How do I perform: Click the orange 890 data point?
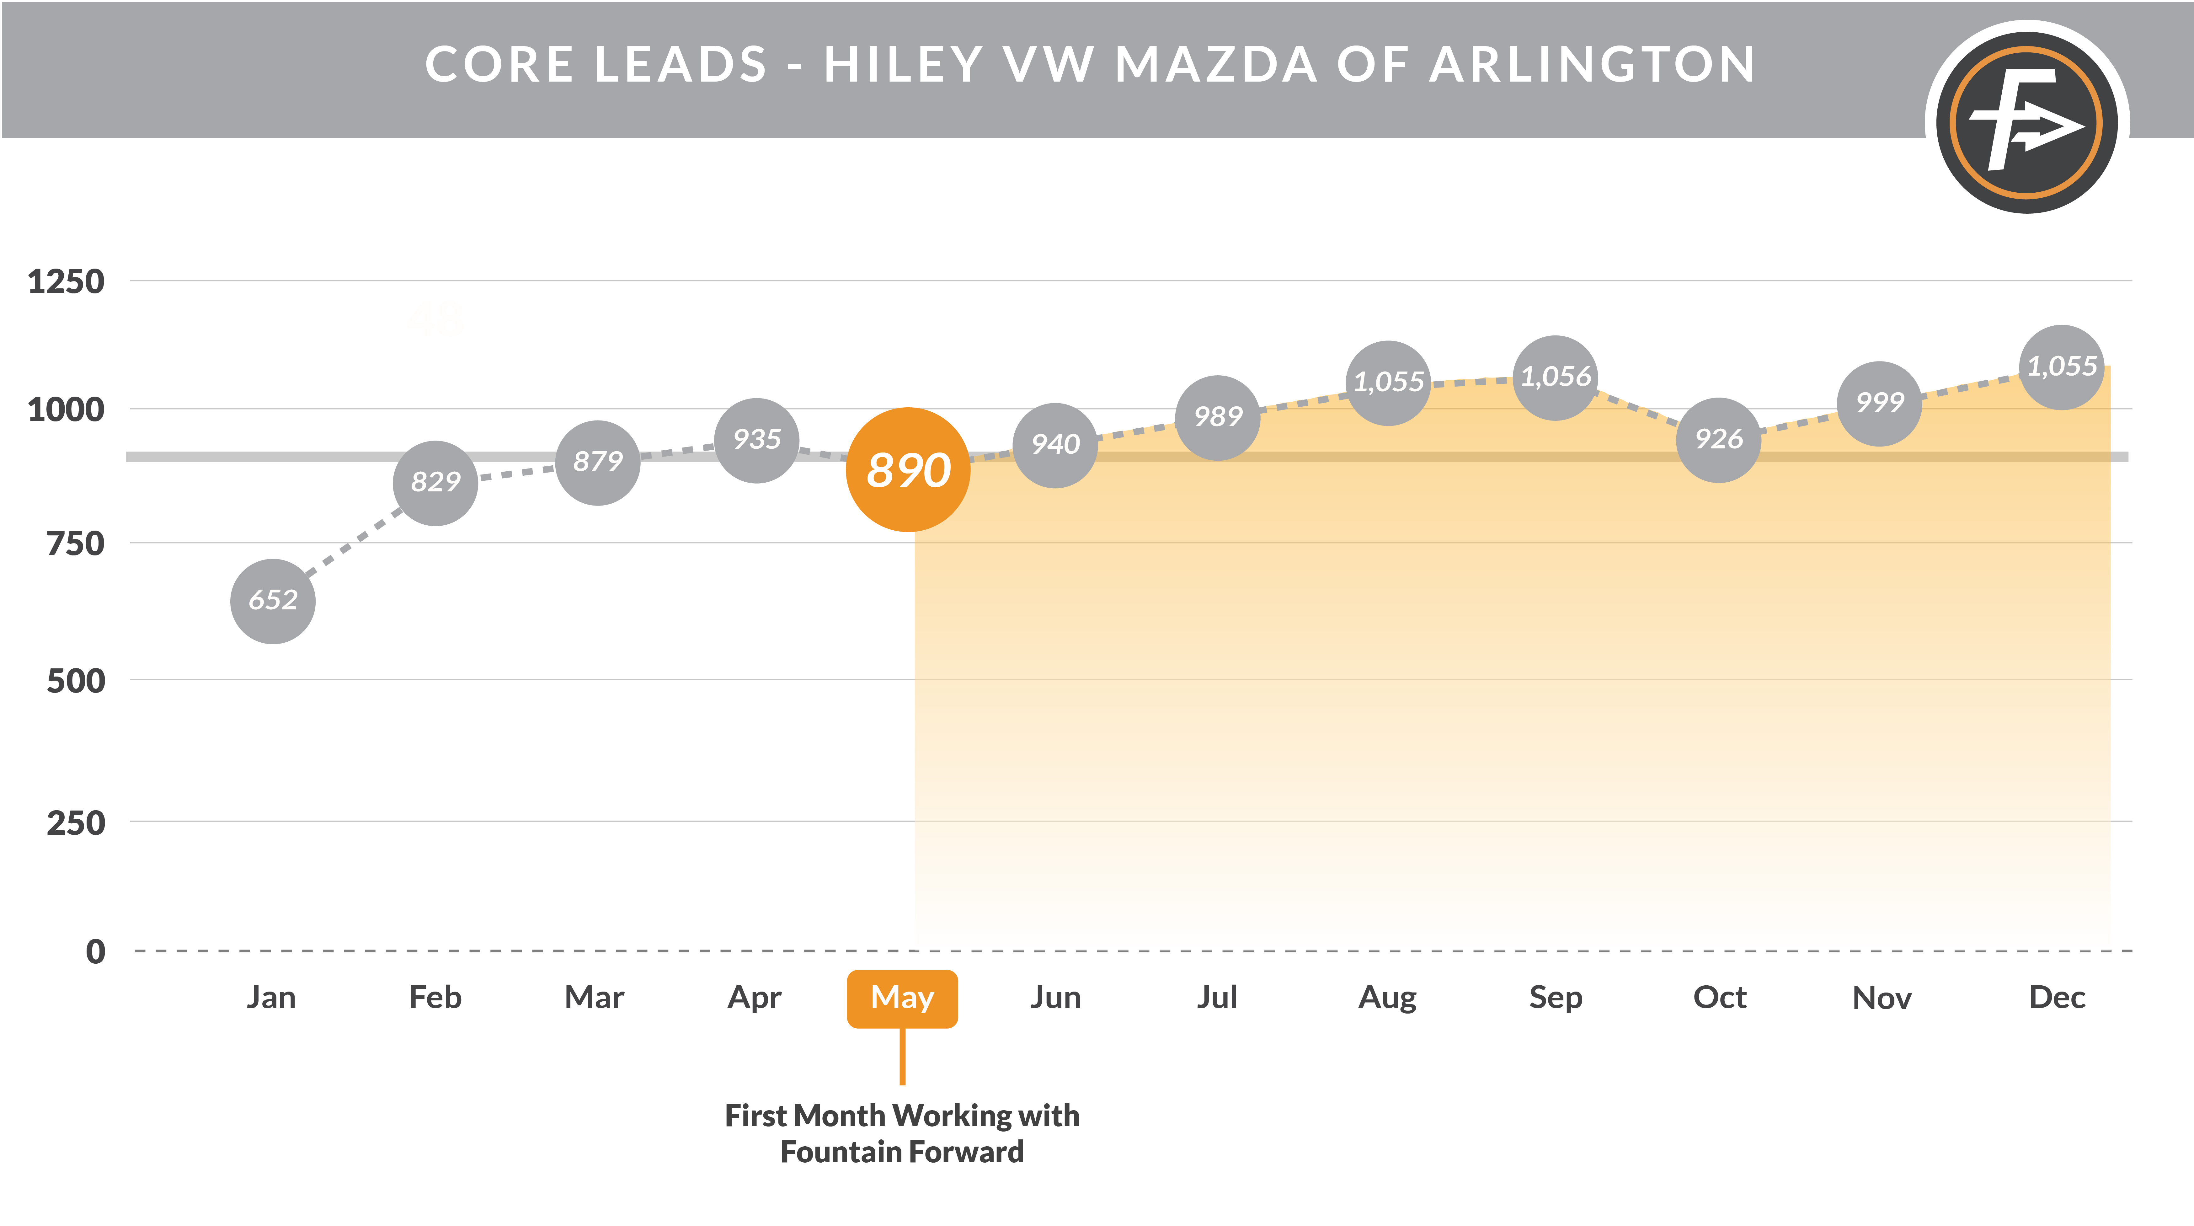[908, 469]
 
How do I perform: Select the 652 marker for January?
[273, 601]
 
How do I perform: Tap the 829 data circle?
[435, 482]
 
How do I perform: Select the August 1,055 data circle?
[1388, 383]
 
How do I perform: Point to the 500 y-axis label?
[76, 681]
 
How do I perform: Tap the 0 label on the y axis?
[95, 951]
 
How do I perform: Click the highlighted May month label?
[902, 998]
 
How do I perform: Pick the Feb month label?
[435, 998]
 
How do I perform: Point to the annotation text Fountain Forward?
[902, 1152]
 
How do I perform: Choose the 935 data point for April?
[756, 440]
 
